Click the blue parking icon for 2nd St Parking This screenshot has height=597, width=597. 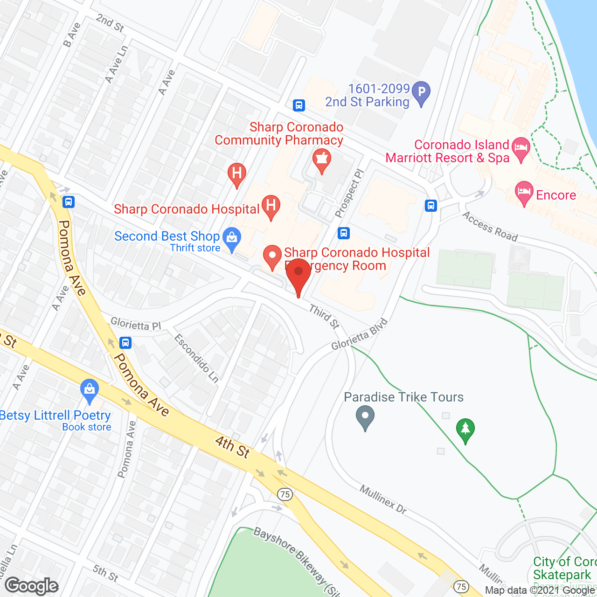(421, 92)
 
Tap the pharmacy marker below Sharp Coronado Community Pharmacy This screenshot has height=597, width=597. (321, 160)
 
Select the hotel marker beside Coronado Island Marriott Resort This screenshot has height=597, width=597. (521, 149)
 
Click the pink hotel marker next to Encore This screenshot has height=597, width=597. (524, 193)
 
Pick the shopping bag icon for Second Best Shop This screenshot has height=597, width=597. (232, 238)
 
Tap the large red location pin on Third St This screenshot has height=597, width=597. (298, 275)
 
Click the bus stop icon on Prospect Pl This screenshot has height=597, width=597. (344, 233)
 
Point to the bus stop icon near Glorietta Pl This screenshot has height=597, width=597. (125, 343)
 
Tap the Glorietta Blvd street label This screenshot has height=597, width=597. (360, 334)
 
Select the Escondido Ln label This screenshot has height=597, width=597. (196, 358)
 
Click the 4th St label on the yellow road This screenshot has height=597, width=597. (233, 447)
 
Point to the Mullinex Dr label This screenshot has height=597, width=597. (383, 499)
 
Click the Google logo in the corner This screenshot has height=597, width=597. (32, 586)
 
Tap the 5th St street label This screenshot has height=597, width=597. (105, 573)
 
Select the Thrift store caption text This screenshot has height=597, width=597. (195, 248)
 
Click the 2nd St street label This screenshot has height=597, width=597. (110, 23)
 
